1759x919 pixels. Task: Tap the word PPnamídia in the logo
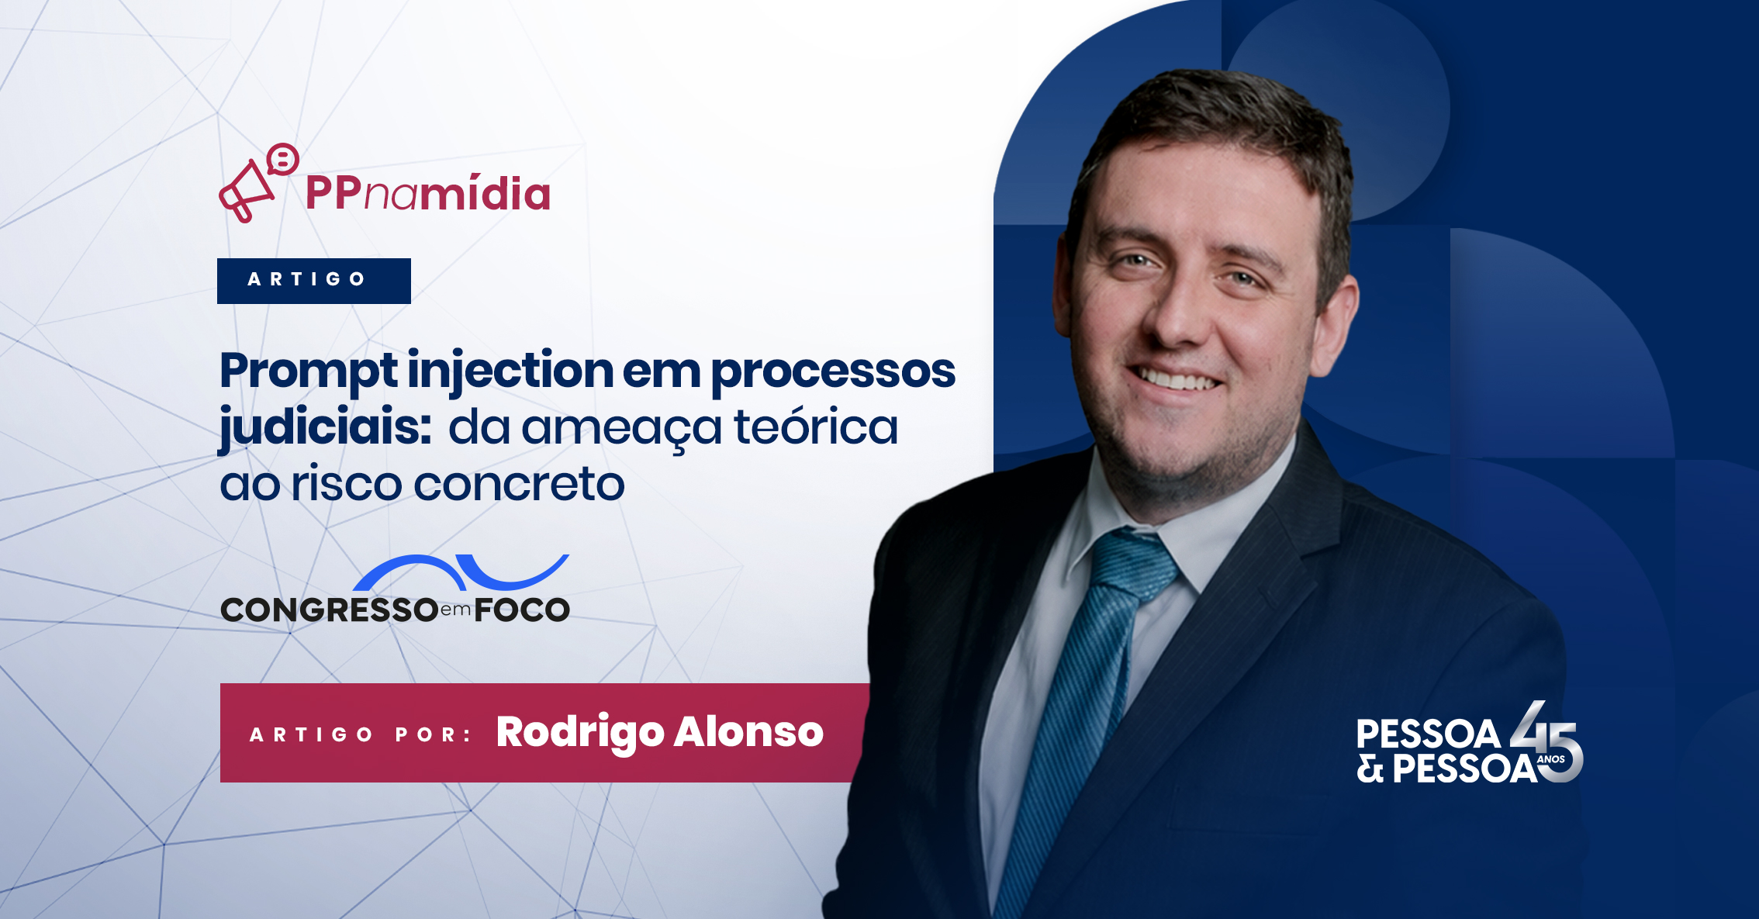pyautogui.click(x=427, y=192)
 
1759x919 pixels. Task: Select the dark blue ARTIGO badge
pyautogui.click(x=314, y=281)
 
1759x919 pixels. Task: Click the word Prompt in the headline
pyautogui.click(x=309, y=373)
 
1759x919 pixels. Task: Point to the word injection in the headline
pyautogui.click(x=510, y=373)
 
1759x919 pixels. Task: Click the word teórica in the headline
pyautogui.click(x=816, y=426)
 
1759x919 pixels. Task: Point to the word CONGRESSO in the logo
pyautogui.click(x=330, y=610)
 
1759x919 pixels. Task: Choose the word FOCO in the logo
pyautogui.click(x=522, y=610)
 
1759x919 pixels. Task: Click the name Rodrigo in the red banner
pyautogui.click(x=580, y=733)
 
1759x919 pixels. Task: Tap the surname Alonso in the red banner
pyautogui.click(x=748, y=731)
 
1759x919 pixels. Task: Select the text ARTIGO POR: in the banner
pyautogui.click(x=361, y=735)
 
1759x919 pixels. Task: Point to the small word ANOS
pyautogui.click(x=1551, y=759)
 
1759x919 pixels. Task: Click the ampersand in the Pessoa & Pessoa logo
pyautogui.click(x=1370, y=769)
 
